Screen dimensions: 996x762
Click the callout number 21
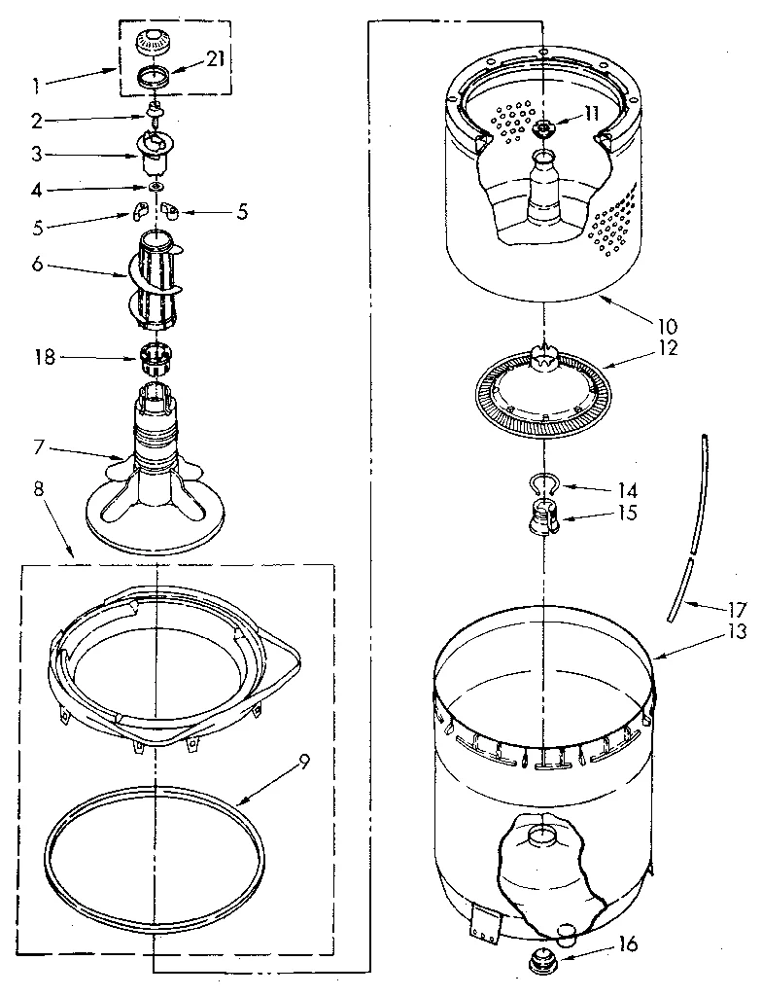215,60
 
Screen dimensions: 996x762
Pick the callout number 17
737,610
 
